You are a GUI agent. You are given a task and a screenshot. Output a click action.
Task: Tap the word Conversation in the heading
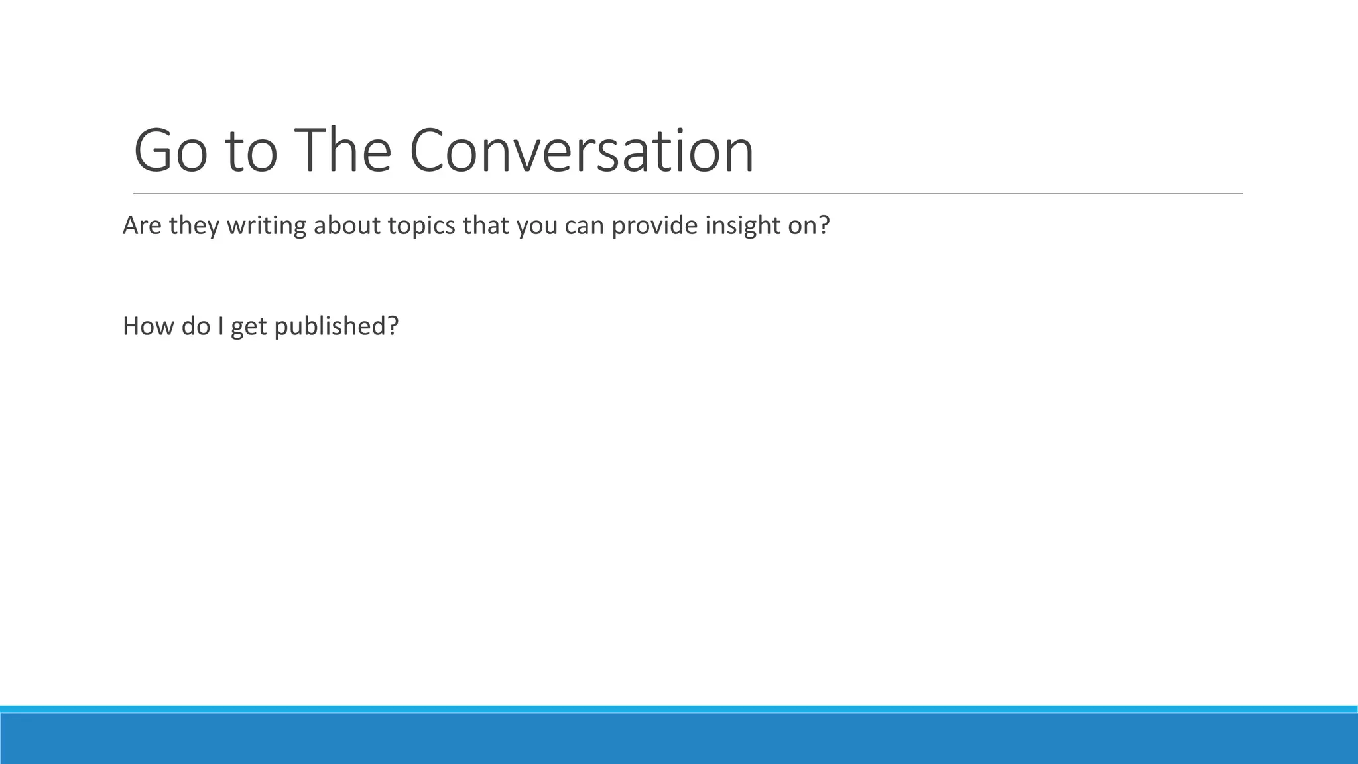click(x=582, y=151)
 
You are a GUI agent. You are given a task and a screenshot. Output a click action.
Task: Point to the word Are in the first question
click(x=143, y=226)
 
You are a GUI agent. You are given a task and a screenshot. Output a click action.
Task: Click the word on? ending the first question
click(x=809, y=226)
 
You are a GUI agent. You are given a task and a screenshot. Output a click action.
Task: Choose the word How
click(x=148, y=326)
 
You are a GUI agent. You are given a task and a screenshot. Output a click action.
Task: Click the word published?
click(x=336, y=326)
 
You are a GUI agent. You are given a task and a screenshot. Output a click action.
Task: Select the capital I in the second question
click(x=220, y=326)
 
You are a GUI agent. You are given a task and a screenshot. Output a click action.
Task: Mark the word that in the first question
click(x=486, y=226)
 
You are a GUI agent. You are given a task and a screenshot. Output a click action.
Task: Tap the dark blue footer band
click(x=679, y=739)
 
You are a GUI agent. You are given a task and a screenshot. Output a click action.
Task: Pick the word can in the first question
click(x=584, y=226)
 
